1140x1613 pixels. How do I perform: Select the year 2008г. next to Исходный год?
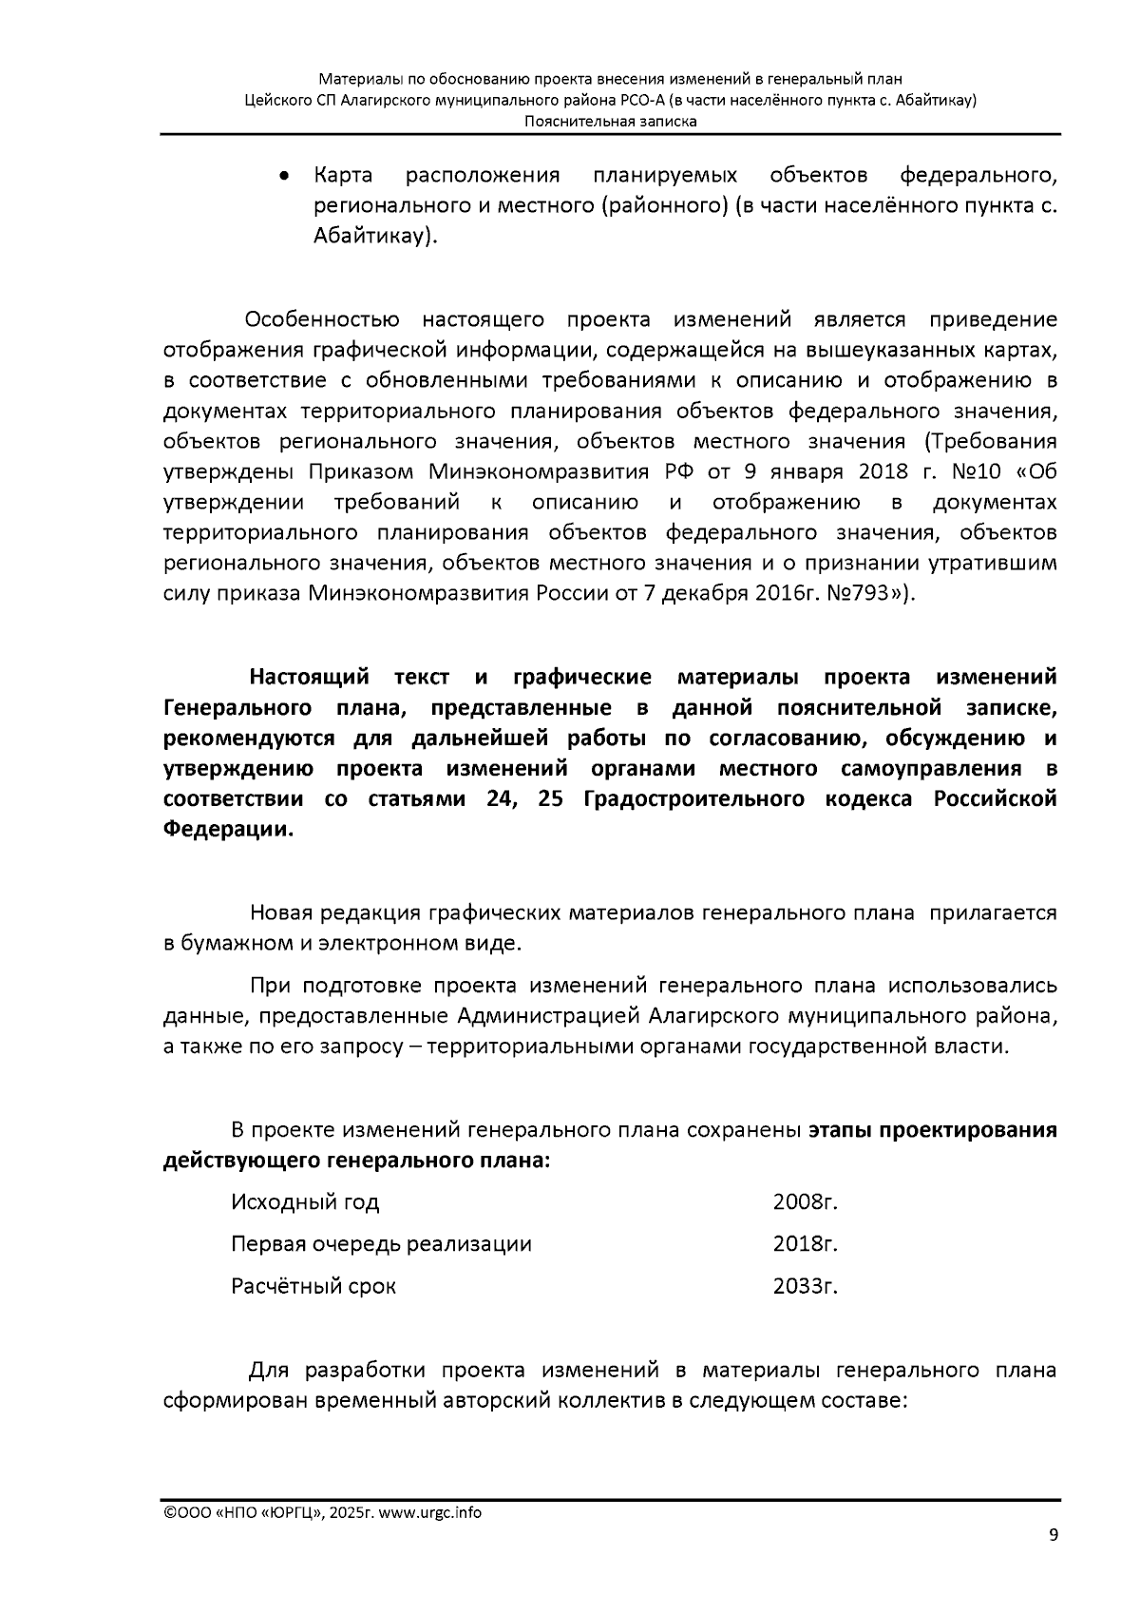(x=805, y=1202)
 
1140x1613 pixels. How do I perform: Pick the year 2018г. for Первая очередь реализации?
(x=805, y=1244)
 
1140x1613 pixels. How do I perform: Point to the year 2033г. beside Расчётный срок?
(x=805, y=1286)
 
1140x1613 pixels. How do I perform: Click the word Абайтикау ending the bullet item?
(x=371, y=237)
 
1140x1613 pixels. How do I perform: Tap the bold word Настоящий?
(x=309, y=678)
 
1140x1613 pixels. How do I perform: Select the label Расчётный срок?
(x=313, y=1286)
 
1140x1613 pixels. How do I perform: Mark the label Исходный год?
(x=305, y=1202)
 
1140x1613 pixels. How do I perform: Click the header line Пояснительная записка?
(x=610, y=122)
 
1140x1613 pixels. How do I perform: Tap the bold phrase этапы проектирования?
(x=932, y=1131)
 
